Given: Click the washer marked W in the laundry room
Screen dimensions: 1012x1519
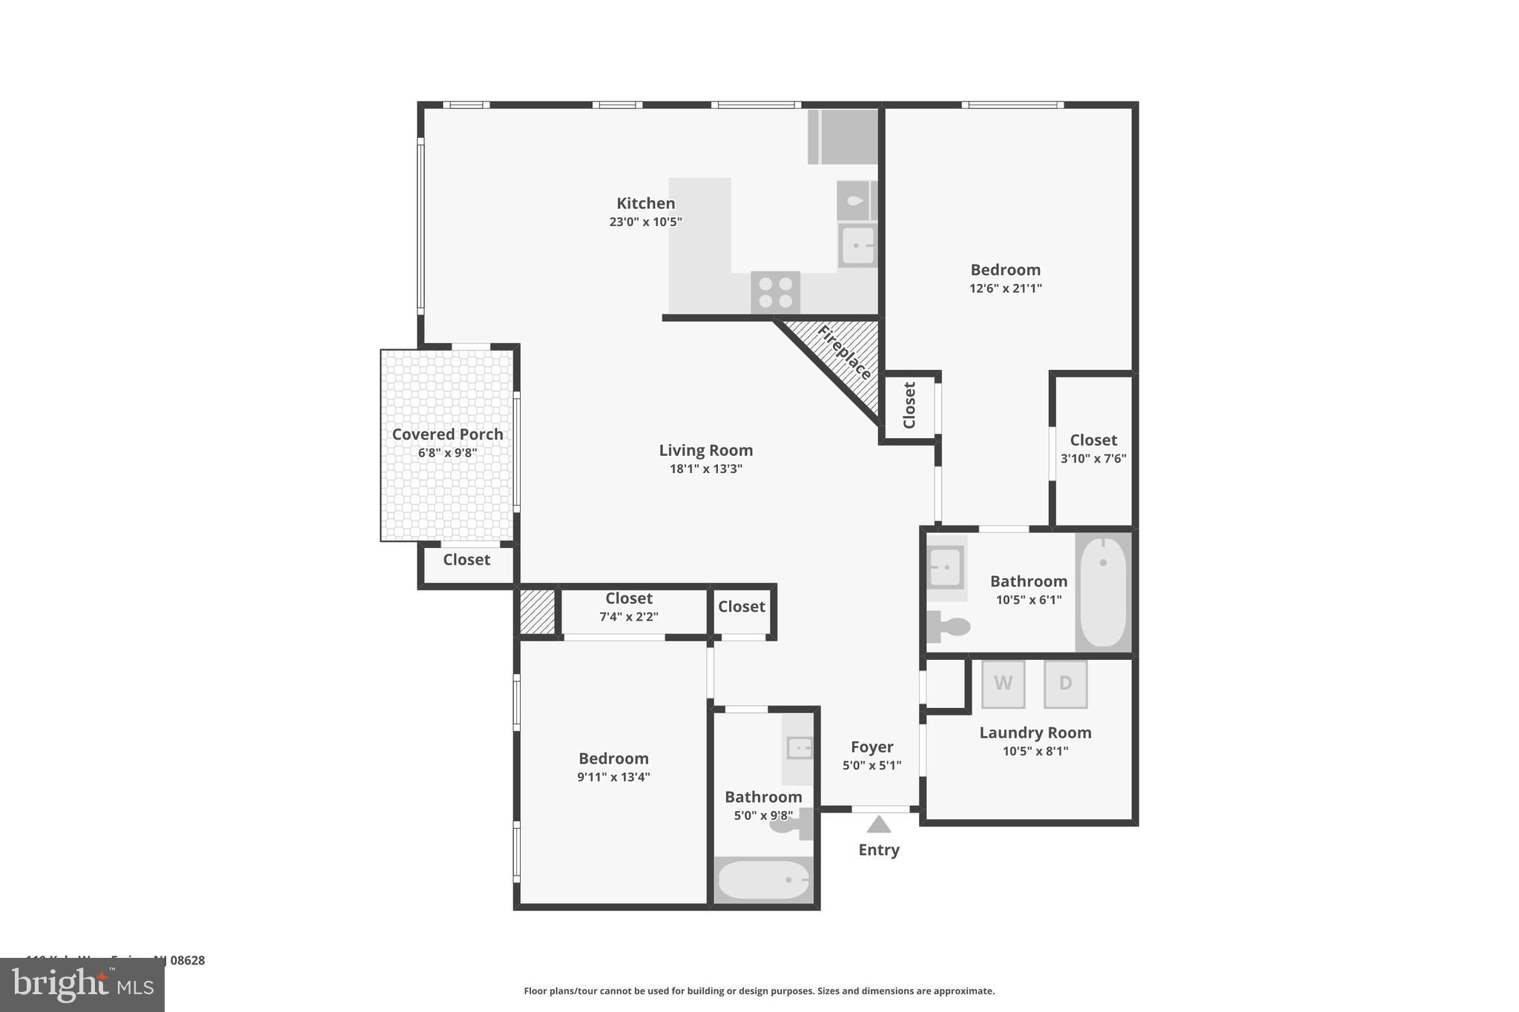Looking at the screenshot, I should [x=1003, y=684].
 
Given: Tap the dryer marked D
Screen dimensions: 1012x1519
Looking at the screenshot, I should [x=1065, y=684].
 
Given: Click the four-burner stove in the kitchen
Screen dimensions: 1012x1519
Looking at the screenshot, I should [x=775, y=292].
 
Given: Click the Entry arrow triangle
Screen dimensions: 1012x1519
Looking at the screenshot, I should [x=878, y=824].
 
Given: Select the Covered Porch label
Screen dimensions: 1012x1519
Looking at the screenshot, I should [x=447, y=434].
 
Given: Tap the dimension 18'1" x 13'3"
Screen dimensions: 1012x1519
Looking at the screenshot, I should [x=705, y=469].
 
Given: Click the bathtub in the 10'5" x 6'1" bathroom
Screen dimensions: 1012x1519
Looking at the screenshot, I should [x=1103, y=592].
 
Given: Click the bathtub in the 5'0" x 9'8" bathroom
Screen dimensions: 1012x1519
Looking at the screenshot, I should [x=763, y=879].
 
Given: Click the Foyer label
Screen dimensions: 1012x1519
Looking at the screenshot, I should [x=871, y=747].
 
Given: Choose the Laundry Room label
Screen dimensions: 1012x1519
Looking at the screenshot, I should [x=1035, y=732].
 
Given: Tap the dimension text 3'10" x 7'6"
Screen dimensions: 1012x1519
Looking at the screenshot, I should [x=1093, y=459].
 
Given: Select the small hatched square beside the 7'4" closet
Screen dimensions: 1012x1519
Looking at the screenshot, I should [x=537, y=612].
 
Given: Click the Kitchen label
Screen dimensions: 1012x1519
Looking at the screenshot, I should [x=645, y=203].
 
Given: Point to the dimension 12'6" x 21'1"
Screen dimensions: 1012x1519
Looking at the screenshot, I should [x=1005, y=288].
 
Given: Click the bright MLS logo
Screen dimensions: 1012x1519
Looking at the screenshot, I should [x=82, y=985].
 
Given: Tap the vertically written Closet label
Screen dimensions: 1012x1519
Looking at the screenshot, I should [x=909, y=406].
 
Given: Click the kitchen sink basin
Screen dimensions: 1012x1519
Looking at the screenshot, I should [x=858, y=245].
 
